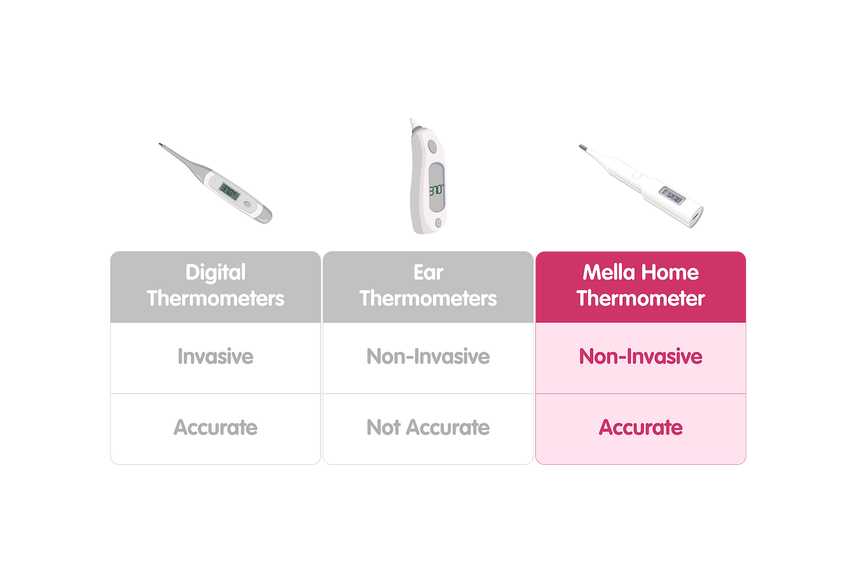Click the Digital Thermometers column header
(215, 287)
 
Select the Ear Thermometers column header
(428, 287)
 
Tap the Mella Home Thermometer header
(641, 287)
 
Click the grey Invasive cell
(215, 358)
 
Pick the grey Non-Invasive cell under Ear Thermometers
(428, 358)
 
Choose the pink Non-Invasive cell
(641, 358)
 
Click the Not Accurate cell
(428, 429)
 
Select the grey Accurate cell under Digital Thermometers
(215, 429)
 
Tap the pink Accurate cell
(641, 429)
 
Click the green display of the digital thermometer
(229, 192)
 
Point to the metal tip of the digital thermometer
(161, 145)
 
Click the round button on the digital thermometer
(247, 204)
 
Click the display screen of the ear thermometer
(436, 187)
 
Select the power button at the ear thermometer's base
(438, 222)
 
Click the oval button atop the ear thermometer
(432, 146)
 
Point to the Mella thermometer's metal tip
(582, 148)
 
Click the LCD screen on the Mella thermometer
(672, 196)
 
